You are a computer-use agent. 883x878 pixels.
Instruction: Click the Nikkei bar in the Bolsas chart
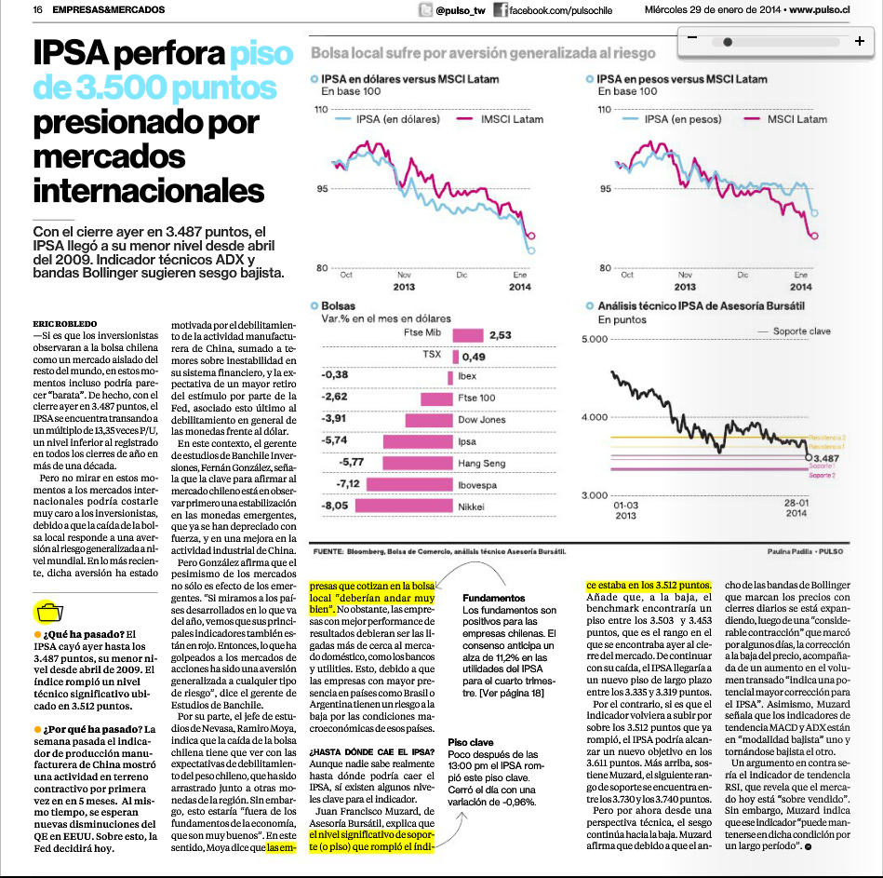tap(404, 507)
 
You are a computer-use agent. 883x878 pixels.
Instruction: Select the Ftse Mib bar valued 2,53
tap(468, 335)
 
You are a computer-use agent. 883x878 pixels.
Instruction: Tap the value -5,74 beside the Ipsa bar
tap(335, 440)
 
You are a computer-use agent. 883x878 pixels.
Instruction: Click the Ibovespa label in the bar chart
tap(477, 485)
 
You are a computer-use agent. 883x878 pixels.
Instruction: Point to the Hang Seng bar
tap(418, 464)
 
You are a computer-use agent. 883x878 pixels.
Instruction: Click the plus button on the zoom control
tap(860, 41)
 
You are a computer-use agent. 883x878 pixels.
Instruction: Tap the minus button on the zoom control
tap(692, 37)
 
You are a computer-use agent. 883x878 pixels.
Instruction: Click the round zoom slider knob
tap(728, 42)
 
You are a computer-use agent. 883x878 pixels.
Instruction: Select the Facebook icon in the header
tap(500, 9)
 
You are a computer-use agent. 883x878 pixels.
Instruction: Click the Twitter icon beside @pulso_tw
tap(425, 9)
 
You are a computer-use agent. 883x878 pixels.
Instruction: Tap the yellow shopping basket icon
tap(49, 612)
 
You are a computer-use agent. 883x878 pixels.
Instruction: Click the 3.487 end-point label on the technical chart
tap(826, 459)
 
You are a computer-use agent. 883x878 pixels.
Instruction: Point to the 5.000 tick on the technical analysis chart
tap(595, 339)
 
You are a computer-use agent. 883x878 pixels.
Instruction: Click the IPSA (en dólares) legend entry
tap(387, 119)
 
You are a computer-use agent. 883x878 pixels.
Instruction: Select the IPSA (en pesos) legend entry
tap(672, 119)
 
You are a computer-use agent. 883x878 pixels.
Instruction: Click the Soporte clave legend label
tap(801, 331)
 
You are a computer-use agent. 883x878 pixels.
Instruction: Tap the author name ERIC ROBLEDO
tap(65, 323)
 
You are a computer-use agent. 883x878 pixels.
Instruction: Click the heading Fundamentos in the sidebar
tap(494, 598)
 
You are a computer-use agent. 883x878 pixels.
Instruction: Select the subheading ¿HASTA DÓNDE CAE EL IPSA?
tap(371, 751)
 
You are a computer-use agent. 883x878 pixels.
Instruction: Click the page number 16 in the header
tap(38, 9)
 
